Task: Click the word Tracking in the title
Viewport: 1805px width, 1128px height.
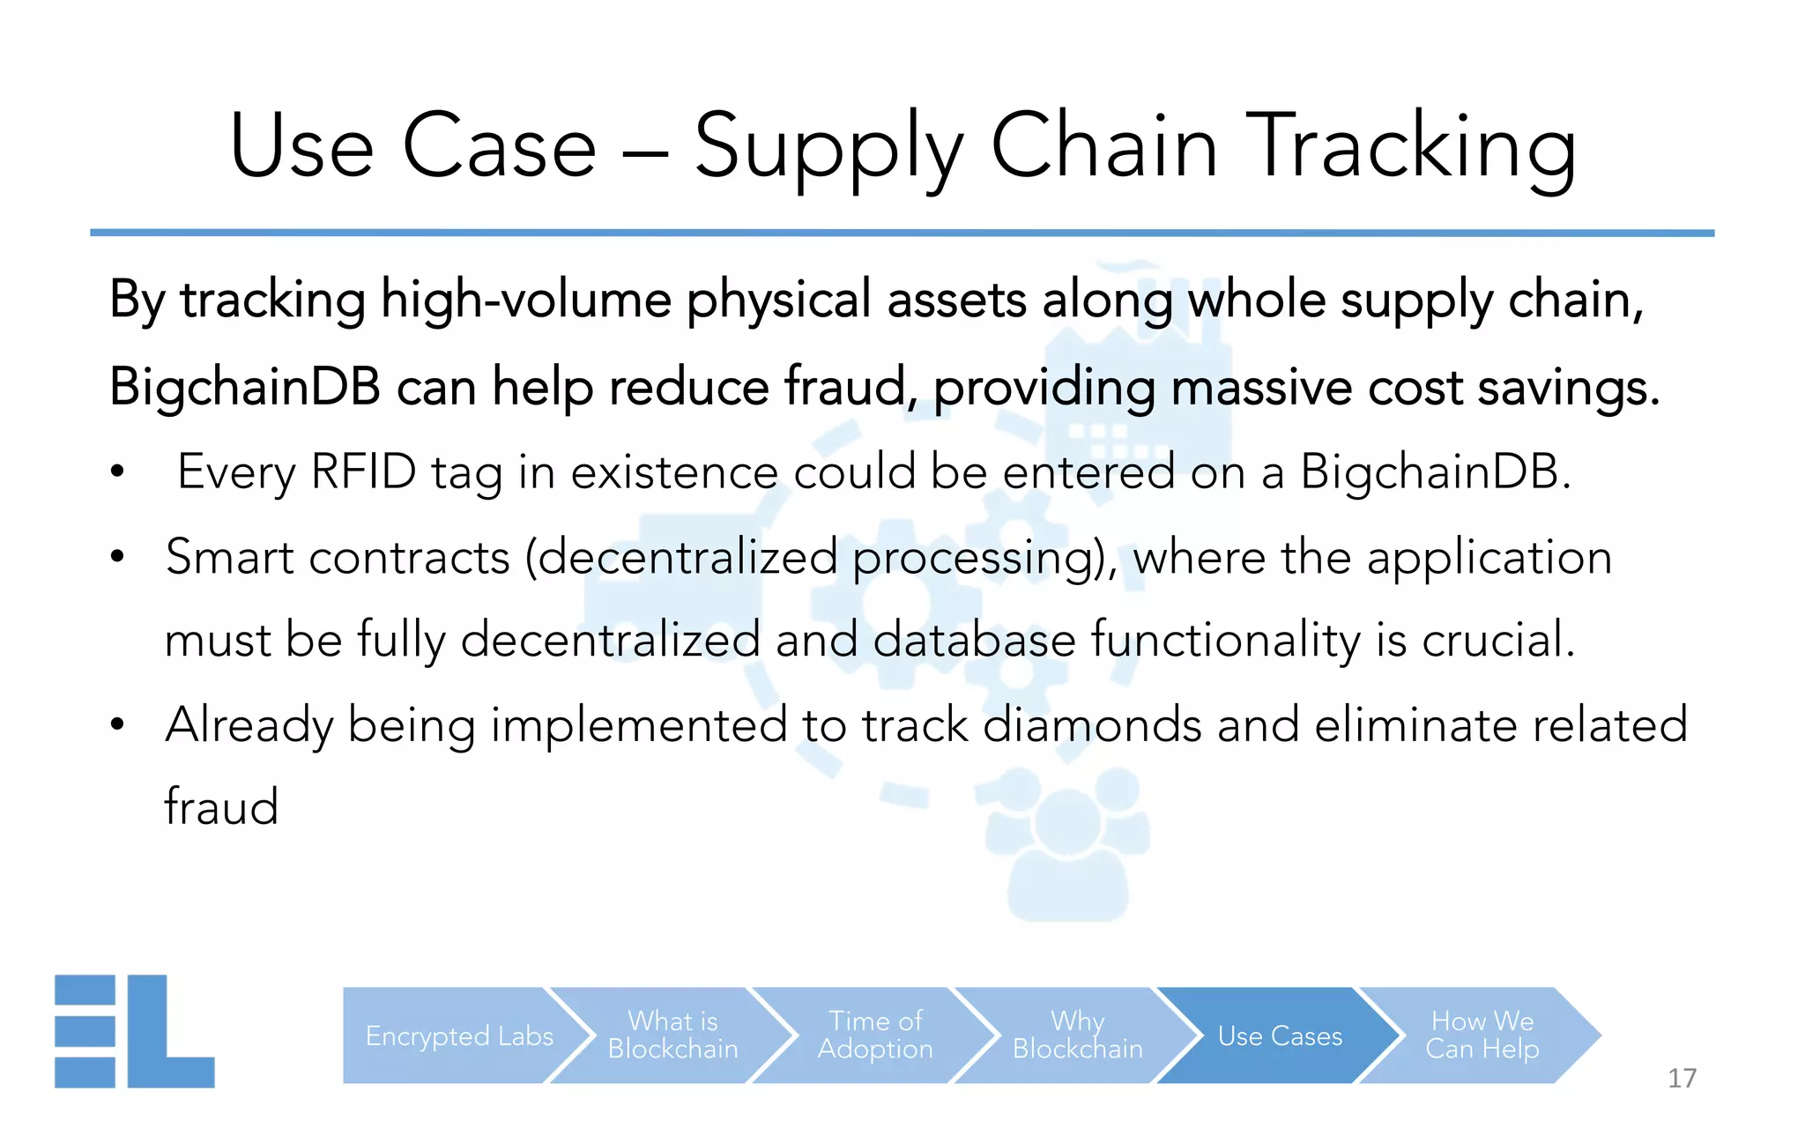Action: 1414,148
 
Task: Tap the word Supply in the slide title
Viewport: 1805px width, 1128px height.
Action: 828,148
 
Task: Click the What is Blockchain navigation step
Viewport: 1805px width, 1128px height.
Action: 672,1035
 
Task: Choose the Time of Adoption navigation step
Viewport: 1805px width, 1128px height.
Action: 874,1035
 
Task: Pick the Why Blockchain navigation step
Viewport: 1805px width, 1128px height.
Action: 1077,1035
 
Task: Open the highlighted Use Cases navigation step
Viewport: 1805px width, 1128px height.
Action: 1280,1035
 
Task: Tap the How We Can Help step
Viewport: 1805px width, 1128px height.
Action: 1482,1035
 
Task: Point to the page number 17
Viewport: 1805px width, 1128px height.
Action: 1682,1078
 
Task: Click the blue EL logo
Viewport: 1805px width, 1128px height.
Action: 134,1031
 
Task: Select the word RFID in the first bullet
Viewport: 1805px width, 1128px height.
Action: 363,471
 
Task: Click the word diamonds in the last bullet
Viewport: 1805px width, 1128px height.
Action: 1091,725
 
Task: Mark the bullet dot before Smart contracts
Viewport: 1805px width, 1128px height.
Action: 118,557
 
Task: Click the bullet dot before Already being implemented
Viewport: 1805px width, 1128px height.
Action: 118,725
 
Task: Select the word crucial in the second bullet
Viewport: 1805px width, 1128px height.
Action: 1497,640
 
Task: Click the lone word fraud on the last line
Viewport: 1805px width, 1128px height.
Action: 221,806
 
